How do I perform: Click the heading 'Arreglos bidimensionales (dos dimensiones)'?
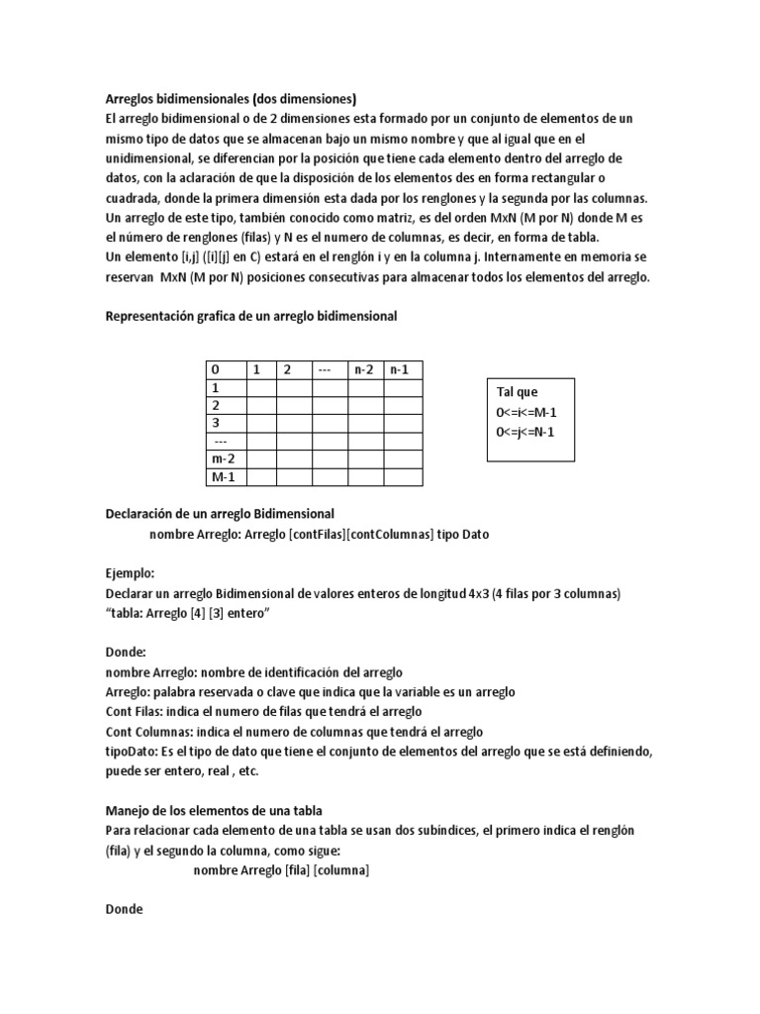click(x=231, y=99)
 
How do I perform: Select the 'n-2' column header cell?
click(x=365, y=369)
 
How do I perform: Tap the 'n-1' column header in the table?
click(x=402, y=369)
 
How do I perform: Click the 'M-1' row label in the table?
click(x=225, y=476)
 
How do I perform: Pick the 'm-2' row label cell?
click(x=225, y=458)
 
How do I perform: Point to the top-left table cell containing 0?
click(x=225, y=369)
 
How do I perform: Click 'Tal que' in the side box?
click(x=517, y=392)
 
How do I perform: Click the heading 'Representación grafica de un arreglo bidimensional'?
click(x=250, y=316)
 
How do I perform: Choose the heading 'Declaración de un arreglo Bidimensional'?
click(x=220, y=514)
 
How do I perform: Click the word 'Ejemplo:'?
click(x=131, y=573)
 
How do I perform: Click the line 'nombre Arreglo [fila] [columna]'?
click(x=281, y=869)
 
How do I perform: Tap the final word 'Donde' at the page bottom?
click(x=124, y=908)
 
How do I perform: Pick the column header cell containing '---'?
click(x=330, y=369)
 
